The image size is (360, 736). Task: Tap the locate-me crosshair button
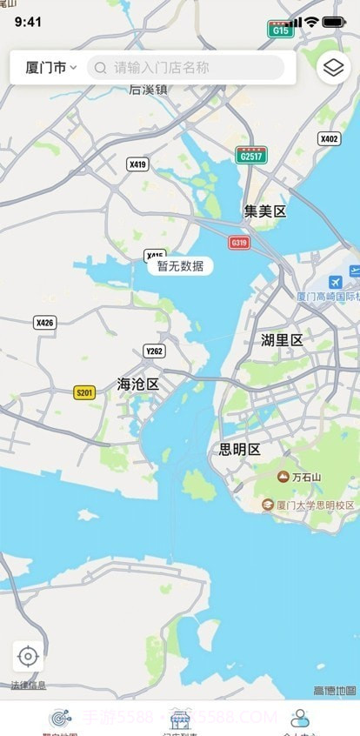pyautogui.click(x=28, y=656)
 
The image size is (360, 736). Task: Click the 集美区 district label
pyautogui.click(x=264, y=211)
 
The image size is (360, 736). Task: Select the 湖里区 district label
pyautogui.click(x=282, y=340)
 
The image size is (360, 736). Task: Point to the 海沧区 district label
pyautogui.click(x=138, y=384)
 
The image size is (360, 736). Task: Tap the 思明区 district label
pyautogui.click(x=239, y=450)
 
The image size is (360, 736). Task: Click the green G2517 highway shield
pyautogui.click(x=250, y=155)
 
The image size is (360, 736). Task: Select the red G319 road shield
pyautogui.click(x=238, y=243)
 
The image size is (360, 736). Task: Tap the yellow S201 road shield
pyautogui.click(x=84, y=392)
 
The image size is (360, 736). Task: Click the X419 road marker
pyautogui.click(x=137, y=164)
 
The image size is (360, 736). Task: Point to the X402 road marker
pyautogui.click(x=329, y=138)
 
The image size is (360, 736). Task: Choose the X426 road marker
pyautogui.click(x=44, y=323)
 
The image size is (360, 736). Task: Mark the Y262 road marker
pyautogui.click(x=154, y=351)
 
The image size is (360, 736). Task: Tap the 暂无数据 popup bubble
pyautogui.click(x=180, y=266)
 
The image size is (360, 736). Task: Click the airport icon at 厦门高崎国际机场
pyautogui.click(x=336, y=283)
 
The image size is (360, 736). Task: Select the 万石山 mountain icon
pyautogui.click(x=283, y=477)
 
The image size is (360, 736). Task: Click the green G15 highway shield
pyautogui.click(x=280, y=30)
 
